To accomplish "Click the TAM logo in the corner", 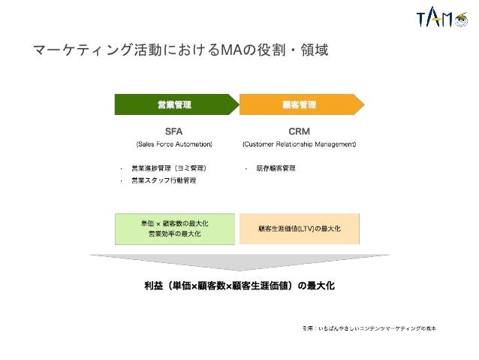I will (x=440, y=20).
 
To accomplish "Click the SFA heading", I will (x=174, y=130).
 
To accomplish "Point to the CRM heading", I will (x=300, y=130).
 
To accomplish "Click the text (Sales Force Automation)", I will (x=174, y=144).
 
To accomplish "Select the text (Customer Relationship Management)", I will (x=300, y=144).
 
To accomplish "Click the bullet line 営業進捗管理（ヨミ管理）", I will (x=168, y=167).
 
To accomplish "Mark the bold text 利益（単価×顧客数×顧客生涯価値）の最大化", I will (x=239, y=286).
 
